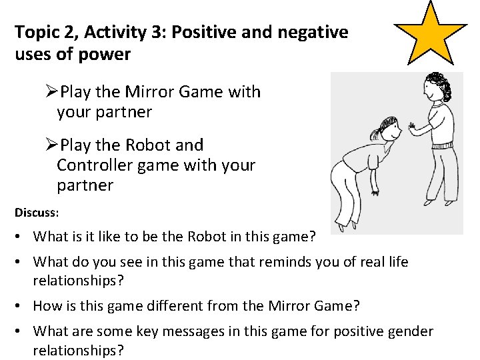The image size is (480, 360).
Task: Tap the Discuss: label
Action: pyautogui.click(x=37, y=213)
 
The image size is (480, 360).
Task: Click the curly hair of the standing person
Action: pyautogui.click(x=437, y=86)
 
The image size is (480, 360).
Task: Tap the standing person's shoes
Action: pyautogui.click(x=440, y=201)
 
